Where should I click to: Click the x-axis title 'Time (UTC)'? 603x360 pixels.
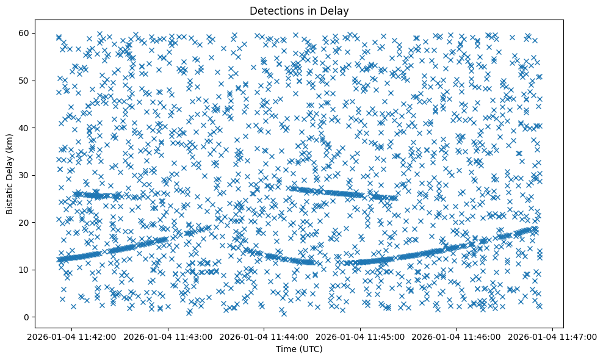(x=299, y=349)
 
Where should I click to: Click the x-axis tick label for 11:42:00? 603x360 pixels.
(x=72, y=336)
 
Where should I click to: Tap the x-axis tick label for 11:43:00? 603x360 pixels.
(x=168, y=336)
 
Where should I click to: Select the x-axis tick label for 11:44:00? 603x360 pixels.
(x=264, y=336)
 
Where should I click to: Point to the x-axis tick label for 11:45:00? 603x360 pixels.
(x=361, y=336)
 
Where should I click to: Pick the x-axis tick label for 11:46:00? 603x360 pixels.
(x=457, y=336)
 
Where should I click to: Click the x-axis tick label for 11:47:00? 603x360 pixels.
(x=553, y=336)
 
